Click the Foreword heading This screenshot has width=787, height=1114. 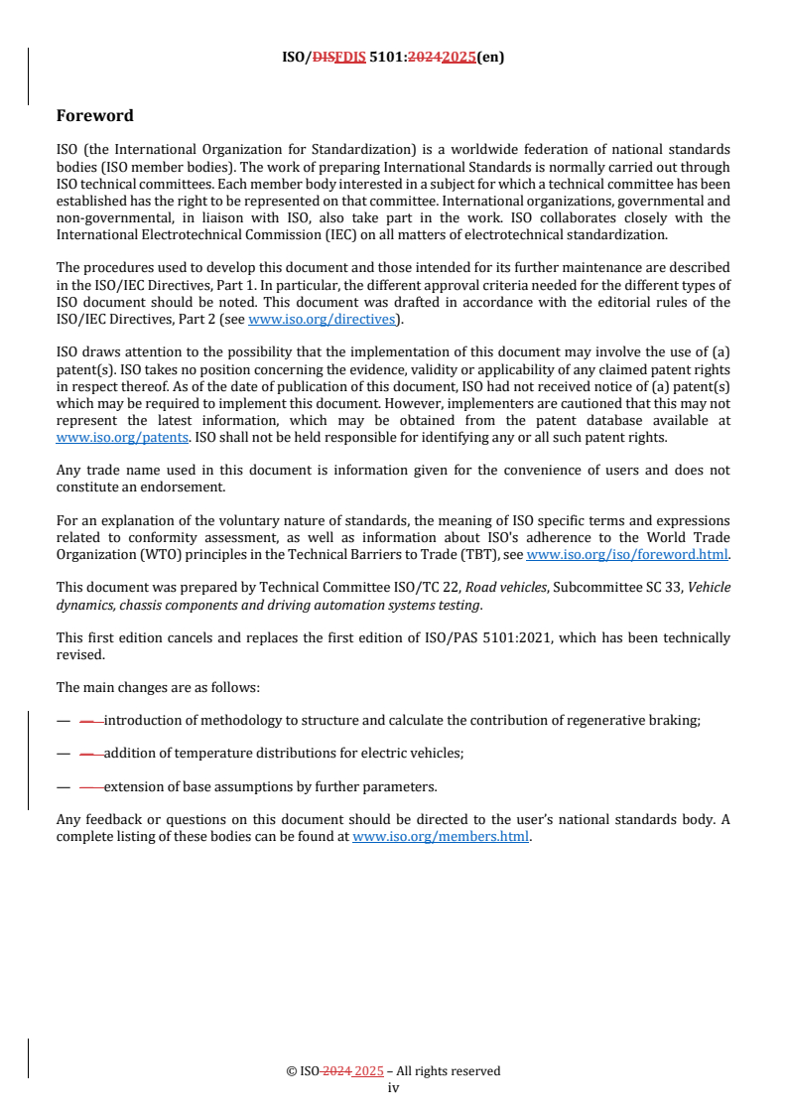(x=95, y=116)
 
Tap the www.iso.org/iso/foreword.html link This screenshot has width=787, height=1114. (x=627, y=555)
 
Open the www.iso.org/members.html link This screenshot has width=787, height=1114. (x=441, y=836)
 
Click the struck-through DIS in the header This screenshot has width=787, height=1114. (x=320, y=58)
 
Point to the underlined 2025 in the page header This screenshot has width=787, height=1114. (x=459, y=58)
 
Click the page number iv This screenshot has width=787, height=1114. (x=393, y=1087)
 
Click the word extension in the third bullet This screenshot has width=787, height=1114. (x=132, y=786)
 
